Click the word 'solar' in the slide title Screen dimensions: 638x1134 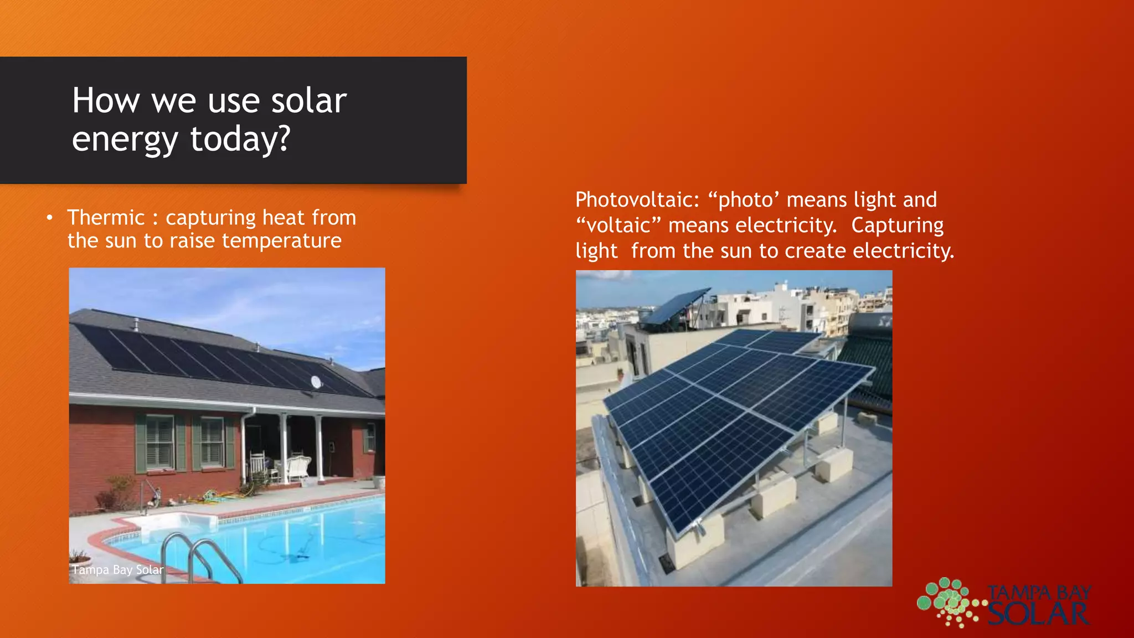(x=308, y=101)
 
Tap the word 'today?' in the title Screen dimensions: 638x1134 (x=240, y=138)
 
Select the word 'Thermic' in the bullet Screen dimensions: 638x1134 (x=106, y=218)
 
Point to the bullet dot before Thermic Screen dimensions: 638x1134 (x=50, y=218)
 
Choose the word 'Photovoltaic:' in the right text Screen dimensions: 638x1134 (x=637, y=199)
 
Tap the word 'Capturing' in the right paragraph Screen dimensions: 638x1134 (x=897, y=225)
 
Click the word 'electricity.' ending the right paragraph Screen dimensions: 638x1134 (x=903, y=251)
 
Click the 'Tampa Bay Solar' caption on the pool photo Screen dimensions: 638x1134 (x=117, y=570)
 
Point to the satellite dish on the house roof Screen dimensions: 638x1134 (x=316, y=382)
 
